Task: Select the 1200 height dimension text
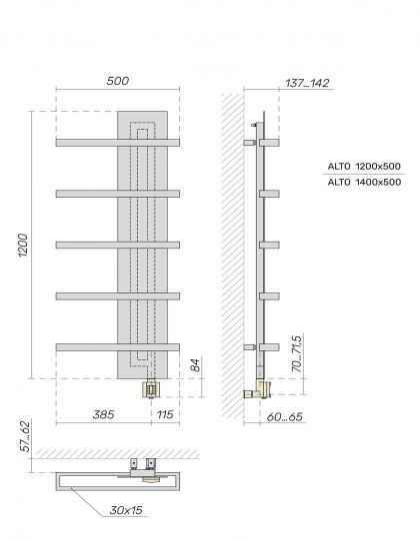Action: [22, 245]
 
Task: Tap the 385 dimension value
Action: [102, 412]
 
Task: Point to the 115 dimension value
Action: [164, 412]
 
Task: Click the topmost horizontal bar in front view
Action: [117, 143]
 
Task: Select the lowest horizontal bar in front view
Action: [117, 346]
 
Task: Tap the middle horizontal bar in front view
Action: [117, 245]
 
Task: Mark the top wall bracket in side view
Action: [250, 143]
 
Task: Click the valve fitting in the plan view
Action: [148, 465]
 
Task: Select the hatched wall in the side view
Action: [232, 250]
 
